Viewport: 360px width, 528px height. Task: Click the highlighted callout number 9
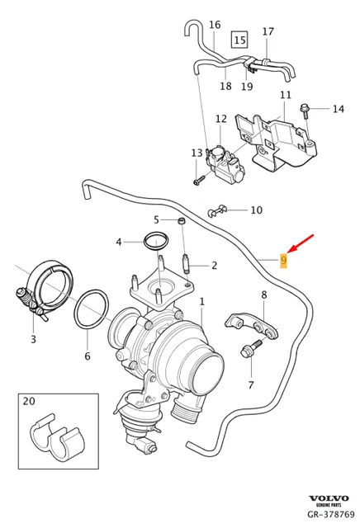click(283, 261)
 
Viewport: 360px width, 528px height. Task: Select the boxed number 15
click(239, 39)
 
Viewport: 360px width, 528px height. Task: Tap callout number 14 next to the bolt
click(337, 109)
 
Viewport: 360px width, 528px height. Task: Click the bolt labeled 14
click(306, 107)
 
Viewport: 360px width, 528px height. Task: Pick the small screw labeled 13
click(198, 180)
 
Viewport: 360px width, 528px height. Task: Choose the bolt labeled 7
click(245, 351)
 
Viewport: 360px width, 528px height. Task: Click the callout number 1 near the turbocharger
click(201, 302)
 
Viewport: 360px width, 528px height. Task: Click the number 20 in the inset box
click(30, 402)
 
